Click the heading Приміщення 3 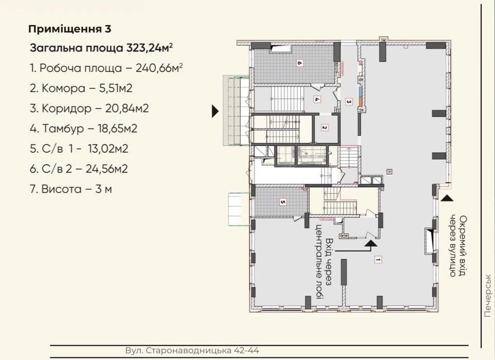70,29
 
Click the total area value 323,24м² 149,48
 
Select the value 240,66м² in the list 159,68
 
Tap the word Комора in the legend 63,88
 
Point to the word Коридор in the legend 67,109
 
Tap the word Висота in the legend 62,189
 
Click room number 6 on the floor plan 299,63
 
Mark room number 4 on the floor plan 317,99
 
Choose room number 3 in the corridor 349,102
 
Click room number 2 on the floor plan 324,128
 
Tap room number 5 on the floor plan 283,202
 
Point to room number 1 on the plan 377,260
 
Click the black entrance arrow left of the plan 215,111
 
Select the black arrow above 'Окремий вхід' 447,198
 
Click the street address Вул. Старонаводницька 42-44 192,351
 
